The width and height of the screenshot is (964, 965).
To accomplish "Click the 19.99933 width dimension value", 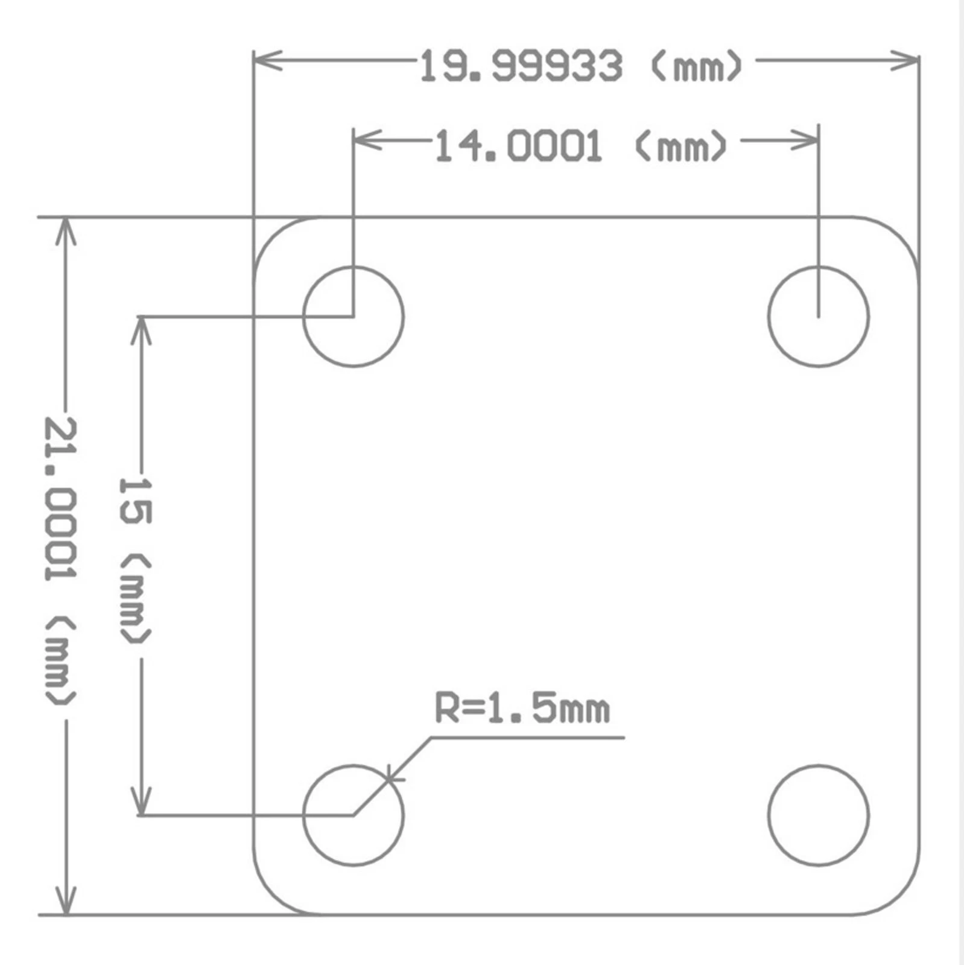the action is [521, 66].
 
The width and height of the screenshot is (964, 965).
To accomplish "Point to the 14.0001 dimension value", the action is [518, 147].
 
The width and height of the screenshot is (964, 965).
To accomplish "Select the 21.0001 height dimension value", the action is [60, 499].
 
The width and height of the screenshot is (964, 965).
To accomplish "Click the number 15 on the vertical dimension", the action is [136, 500].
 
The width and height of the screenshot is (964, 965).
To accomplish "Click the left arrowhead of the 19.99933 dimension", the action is [267, 60].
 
